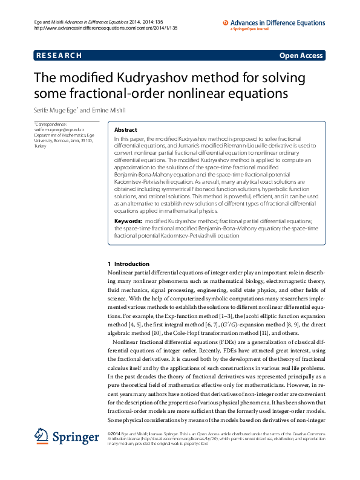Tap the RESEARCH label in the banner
(x=59, y=56)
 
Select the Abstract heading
(x=126, y=130)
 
